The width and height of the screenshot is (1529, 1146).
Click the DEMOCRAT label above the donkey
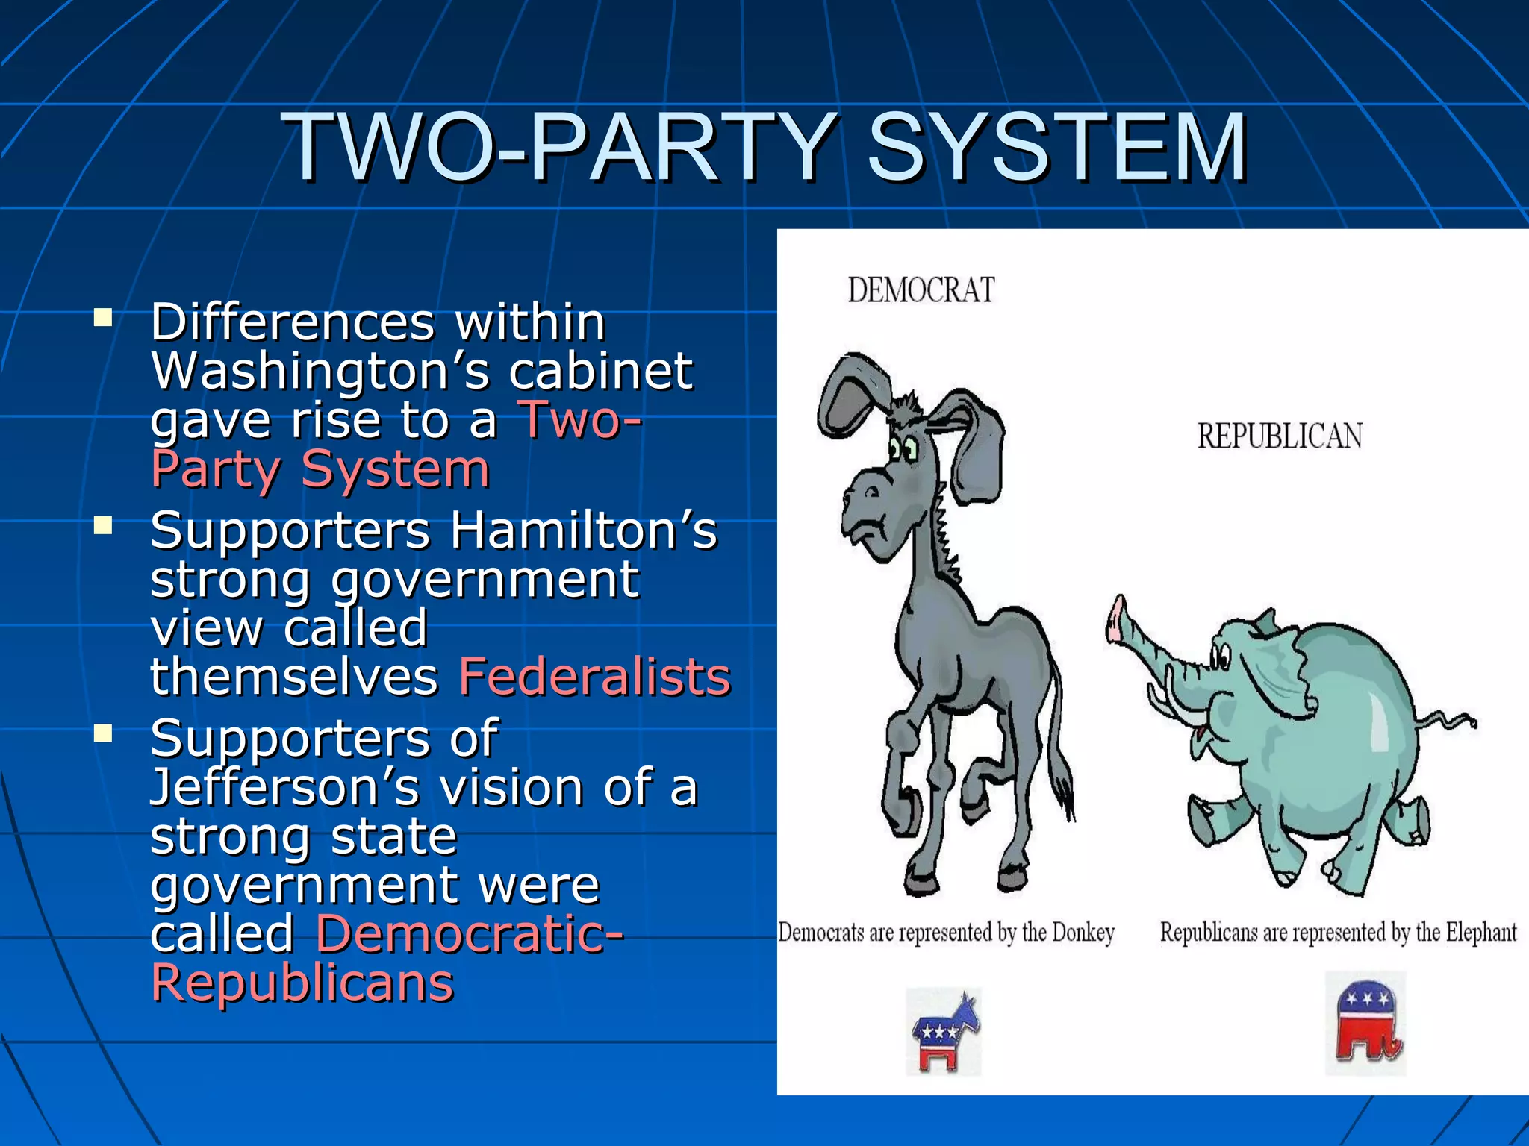click(x=921, y=290)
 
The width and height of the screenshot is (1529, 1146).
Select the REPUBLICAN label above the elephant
click(x=1280, y=436)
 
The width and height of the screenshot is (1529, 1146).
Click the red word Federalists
click(x=594, y=677)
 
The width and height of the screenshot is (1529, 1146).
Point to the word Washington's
click(x=320, y=371)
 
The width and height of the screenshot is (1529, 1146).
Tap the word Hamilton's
click(x=583, y=530)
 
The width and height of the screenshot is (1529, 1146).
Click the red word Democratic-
click(x=470, y=934)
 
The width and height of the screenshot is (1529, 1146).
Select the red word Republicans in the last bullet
click(x=302, y=983)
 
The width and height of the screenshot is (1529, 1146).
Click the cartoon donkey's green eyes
click(x=903, y=449)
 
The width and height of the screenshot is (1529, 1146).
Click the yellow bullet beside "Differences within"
click(x=103, y=319)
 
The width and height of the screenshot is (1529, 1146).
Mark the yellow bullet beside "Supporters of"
click(x=103, y=734)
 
